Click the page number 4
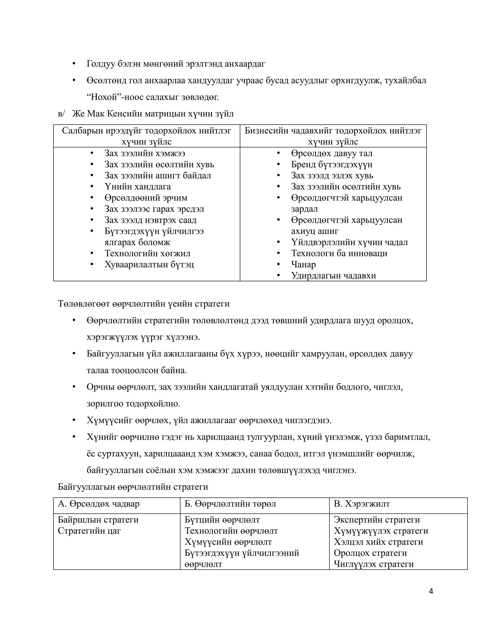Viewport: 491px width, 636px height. click(x=431, y=591)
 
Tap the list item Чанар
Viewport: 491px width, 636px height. click(x=303, y=264)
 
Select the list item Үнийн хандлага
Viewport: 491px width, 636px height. click(x=138, y=187)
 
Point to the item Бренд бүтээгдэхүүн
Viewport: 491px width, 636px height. click(x=332, y=165)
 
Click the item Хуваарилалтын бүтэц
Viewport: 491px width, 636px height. click(x=149, y=264)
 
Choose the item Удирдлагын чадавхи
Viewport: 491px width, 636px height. click(x=333, y=276)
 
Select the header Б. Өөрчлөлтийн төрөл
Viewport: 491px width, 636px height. click(x=230, y=504)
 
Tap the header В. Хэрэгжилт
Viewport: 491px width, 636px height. click(x=362, y=504)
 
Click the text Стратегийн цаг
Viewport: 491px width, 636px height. click(x=89, y=531)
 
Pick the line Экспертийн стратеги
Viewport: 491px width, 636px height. click(x=377, y=520)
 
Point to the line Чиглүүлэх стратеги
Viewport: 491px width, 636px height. click(x=374, y=564)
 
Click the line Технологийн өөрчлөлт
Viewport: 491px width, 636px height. click(x=231, y=531)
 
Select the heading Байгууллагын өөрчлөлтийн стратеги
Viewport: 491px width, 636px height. click(x=133, y=487)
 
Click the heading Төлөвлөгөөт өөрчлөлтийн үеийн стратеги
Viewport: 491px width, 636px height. click(x=144, y=304)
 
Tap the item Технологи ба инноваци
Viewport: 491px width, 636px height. click(x=339, y=253)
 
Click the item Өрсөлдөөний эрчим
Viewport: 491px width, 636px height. click(x=146, y=198)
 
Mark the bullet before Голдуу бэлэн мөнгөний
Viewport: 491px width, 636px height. click(x=74, y=64)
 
